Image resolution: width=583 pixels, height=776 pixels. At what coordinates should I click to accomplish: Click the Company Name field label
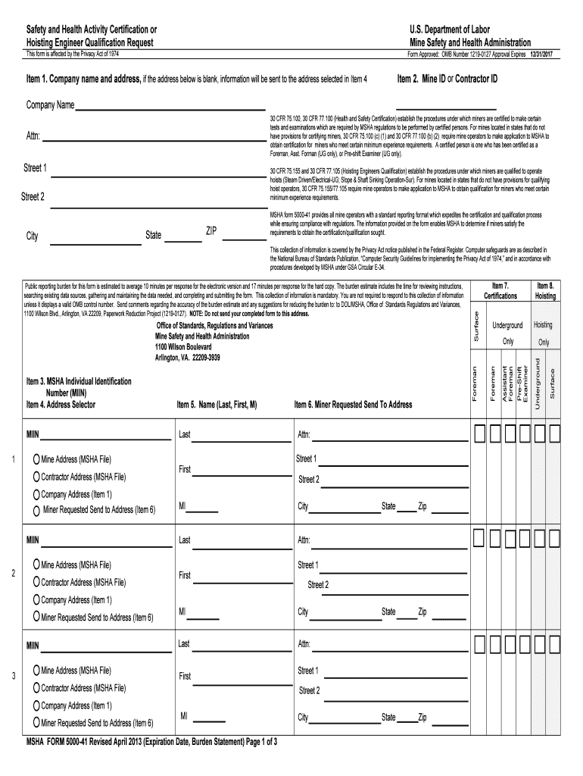pos(50,105)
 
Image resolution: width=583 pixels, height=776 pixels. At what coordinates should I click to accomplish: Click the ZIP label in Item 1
pos(212,230)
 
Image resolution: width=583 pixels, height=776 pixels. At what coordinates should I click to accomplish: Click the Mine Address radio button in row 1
pos(36,459)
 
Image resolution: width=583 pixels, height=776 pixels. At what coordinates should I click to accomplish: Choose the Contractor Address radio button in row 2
pos(36,582)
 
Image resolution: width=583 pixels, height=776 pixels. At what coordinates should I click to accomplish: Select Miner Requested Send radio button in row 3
pos(36,722)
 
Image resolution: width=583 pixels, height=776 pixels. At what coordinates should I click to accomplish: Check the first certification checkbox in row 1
pos(481,433)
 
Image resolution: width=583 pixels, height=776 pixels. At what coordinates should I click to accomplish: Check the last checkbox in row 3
pos(554,644)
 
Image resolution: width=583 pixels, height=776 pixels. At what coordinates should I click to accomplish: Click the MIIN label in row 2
pos(33,540)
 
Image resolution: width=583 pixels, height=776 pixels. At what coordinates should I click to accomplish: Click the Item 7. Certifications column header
pos(500,291)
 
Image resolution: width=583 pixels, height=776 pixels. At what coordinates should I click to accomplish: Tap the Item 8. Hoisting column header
pos(545,291)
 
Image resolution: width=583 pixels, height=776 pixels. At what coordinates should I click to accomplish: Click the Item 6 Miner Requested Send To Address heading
pos(353,405)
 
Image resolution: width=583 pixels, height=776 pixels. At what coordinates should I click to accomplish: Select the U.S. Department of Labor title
pos(449,30)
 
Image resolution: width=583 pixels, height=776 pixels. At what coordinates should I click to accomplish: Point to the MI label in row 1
pos(182,506)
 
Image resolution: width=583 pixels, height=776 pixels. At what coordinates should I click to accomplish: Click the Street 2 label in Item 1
pos(33,196)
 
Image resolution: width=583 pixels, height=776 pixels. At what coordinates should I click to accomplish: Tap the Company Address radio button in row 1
pos(36,494)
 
